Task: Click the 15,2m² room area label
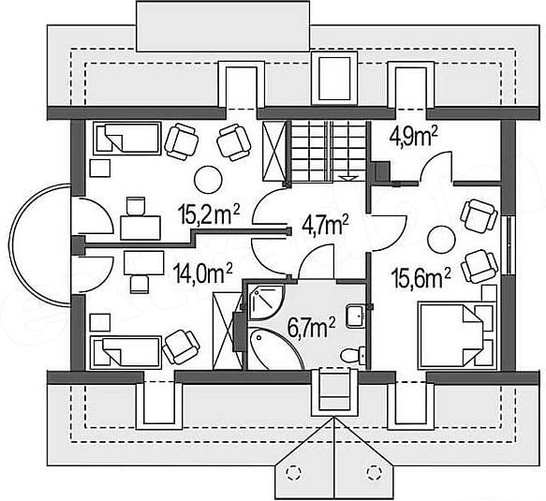(x=209, y=214)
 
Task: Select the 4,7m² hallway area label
(x=325, y=225)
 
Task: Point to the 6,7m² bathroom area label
(x=311, y=327)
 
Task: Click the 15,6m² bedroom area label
(x=421, y=278)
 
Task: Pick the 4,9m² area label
(x=413, y=138)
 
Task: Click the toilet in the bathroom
(x=352, y=356)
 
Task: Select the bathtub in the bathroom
(x=275, y=348)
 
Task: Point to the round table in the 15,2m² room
(x=208, y=180)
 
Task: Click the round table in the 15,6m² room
(x=441, y=240)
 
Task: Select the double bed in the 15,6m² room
(x=457, y=334)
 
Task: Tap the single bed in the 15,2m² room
(x=127, y=139)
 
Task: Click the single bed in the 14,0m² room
(x=125, y=352)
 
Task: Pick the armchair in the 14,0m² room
(x=181, y=346)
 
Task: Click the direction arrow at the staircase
(x=348, y=178)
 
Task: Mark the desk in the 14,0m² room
(x=144, y=263)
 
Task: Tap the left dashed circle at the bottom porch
(x=293, y=472)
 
